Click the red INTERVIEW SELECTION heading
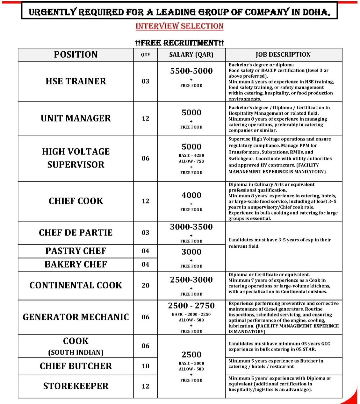(x=179, y=26)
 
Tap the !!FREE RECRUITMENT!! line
(x=179, y=43)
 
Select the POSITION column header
(x=76, y=54)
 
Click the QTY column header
(x=146, y=55)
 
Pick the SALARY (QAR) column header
(x=191, y=54)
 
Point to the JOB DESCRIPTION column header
(x=283, y=54)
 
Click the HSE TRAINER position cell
(x=76, y=81)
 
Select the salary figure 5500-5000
(x=191, y=71)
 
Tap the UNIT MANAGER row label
(x=76, y=118)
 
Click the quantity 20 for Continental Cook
(x=146, y=286)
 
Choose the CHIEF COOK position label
(x=76, y=201)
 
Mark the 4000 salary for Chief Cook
(x=191, y=195)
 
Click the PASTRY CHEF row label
(x=76, y=251)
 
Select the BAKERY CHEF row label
(x=76, y=265)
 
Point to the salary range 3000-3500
(x=191, y=227)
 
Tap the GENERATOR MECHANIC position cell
(x=76, y=317)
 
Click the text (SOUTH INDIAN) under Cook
(x=76, y=352)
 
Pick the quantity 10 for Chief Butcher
(x=146, y=366)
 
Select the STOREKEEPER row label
(x=76, y=386)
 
